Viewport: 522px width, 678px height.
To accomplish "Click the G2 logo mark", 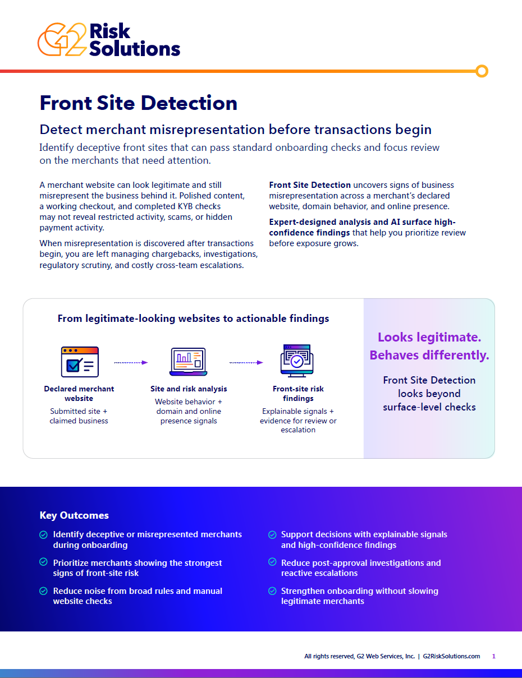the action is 62,39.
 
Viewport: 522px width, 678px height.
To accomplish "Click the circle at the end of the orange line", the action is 482,71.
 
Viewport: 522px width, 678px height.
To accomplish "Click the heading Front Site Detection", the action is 138,103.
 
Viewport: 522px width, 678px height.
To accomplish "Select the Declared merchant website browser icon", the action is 80,362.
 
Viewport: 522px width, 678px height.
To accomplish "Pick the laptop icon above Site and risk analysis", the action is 188,362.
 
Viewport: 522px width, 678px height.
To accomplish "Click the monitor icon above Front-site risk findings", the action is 297,361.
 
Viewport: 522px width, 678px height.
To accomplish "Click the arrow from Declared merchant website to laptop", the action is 131,363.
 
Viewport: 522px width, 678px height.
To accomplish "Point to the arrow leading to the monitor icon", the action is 246,363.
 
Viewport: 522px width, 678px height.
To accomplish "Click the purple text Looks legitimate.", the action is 429,337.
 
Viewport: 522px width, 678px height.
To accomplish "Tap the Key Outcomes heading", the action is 74,515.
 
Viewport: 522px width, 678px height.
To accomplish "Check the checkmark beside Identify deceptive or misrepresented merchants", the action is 43,535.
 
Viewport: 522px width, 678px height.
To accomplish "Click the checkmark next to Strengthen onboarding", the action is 272,591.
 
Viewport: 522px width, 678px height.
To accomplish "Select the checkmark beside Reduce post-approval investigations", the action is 272,562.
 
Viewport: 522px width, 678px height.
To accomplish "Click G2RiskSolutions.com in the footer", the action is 451,656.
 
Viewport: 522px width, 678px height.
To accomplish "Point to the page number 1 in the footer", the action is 493,656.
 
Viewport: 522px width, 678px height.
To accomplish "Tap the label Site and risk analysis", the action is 189,389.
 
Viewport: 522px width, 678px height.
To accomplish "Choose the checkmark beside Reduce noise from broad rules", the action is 43,591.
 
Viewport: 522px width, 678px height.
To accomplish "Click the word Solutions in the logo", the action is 135,49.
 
